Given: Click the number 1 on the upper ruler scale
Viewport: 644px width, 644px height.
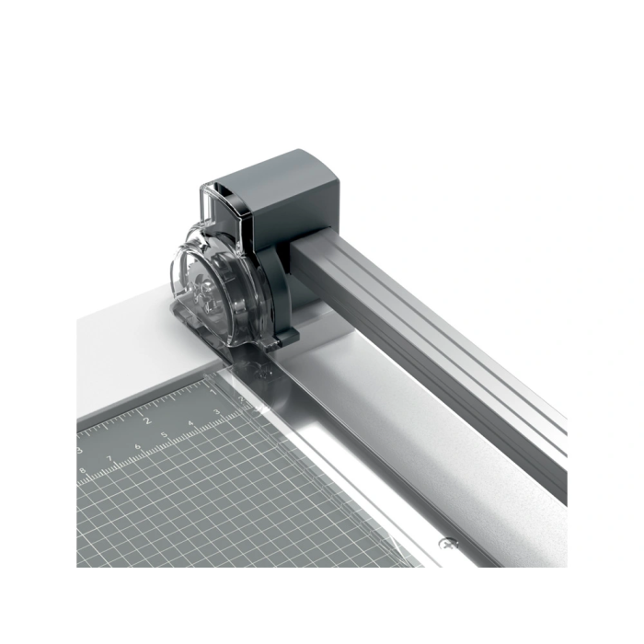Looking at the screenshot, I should click(x=213, y=392).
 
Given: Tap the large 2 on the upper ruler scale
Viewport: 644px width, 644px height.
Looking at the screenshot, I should click(x=147, y=420).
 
